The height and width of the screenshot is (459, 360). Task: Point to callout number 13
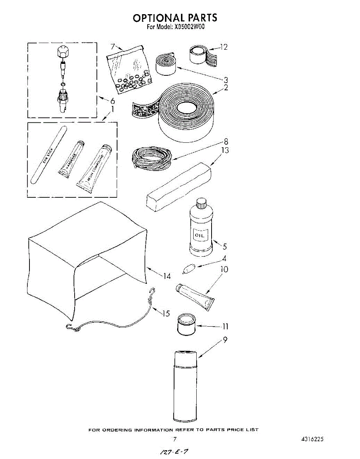point(225,150)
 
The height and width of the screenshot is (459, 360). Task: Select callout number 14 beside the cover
point(167,275)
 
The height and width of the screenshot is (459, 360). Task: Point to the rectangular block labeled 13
point(178,186)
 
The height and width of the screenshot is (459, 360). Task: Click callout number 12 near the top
point(223,47)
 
